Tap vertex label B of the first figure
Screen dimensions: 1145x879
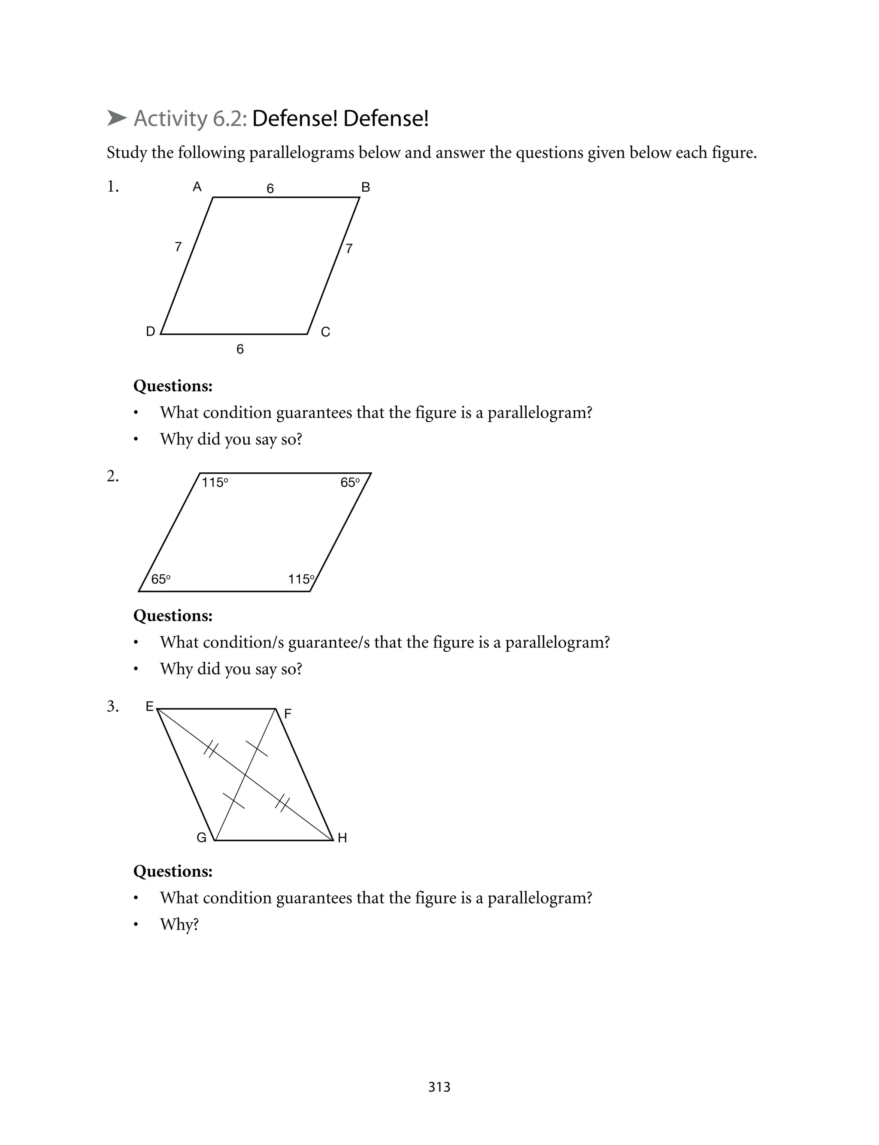(366, 187)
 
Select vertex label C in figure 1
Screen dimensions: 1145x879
(325, 332)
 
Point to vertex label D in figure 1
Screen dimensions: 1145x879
(150, 332)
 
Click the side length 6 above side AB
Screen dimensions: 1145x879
(270, 188)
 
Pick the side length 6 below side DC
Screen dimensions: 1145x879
(240, 349)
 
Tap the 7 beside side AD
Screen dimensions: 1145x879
(178, 247)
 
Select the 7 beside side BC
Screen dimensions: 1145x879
(349, 248)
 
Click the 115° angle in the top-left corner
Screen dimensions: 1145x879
(215, 483)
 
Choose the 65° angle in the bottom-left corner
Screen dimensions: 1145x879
(161, 579)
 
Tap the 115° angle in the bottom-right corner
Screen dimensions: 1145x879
(301, 579)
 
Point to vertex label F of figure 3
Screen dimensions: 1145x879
(288, 714)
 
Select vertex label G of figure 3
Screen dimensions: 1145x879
(201, 838)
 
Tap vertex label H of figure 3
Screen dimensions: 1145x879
(343, 838)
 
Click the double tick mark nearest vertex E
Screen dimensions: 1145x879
(211, 749)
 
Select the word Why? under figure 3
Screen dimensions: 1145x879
(179, 924)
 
